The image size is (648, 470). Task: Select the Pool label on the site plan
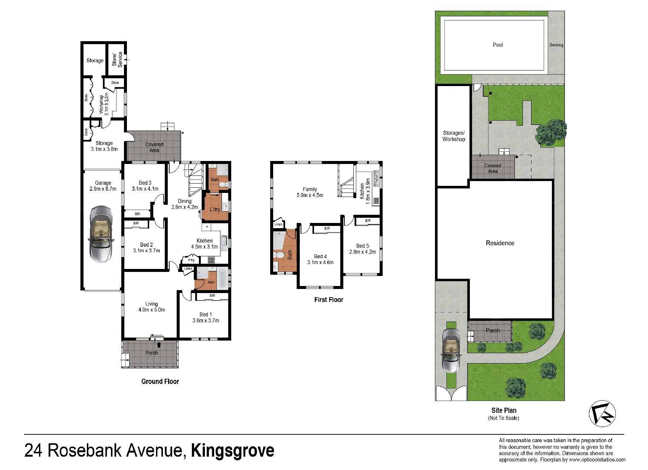[498, 45]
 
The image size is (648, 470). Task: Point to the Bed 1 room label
[204, 315]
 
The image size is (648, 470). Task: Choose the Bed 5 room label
[363, 246]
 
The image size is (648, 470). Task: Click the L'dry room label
[215, 209]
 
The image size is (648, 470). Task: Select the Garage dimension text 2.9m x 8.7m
[103, 189]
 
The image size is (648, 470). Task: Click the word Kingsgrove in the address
[232, 451]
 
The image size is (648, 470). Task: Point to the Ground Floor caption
[160, 381]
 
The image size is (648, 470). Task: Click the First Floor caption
[329, 300]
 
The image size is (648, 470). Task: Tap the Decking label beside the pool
[556, 45]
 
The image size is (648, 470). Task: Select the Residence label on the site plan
[500, 243]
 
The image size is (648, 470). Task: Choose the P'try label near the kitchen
[191, 260]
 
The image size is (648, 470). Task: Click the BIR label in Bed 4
[327, 229]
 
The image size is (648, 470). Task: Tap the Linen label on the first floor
[278, 224]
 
